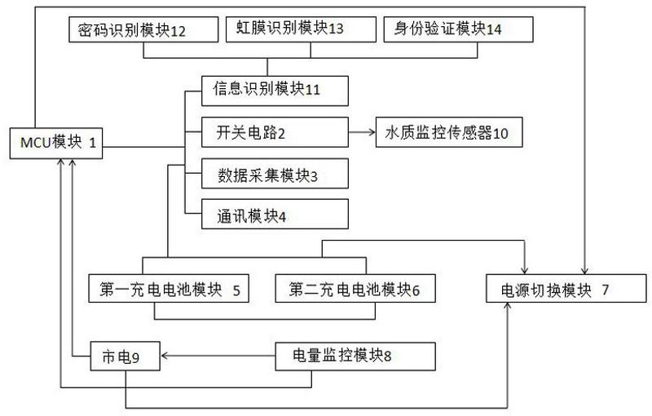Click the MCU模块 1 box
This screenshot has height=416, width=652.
[56, 143]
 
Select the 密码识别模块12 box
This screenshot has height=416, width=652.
[143, 29]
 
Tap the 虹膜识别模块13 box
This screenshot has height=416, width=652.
[301, 29]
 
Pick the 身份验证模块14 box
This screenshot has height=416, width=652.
[458, 29]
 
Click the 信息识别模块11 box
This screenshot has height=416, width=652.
[275, 91]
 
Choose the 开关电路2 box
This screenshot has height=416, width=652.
[275, 132]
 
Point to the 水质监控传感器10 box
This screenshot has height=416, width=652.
[449, 132]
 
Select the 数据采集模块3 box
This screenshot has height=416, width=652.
[275, 173]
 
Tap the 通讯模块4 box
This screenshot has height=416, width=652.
[275, 214]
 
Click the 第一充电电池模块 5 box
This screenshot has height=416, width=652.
[169, 288]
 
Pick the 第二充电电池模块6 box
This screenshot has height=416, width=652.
[355, 288]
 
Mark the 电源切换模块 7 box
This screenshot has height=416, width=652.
[566, 288]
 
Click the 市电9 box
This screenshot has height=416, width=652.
[126, 356]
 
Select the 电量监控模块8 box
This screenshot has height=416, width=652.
[355, 356]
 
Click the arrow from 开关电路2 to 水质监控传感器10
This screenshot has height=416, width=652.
[362, 132]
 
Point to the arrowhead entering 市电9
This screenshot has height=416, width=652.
[165, 356]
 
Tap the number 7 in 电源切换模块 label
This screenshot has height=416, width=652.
[605, 290]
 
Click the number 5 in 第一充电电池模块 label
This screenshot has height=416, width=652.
[236, 290]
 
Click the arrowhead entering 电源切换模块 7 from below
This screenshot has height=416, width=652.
[507, 307]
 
